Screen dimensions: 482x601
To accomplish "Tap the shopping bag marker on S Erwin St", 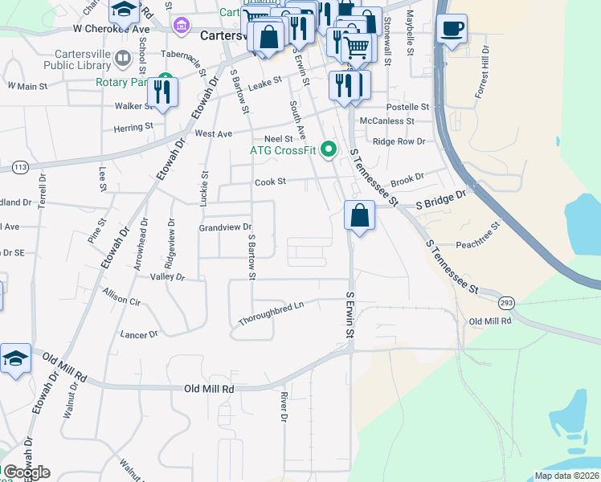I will (359, 215).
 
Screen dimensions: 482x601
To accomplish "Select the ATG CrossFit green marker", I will (329, 149).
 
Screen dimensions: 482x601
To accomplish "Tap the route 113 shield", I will (20, 167).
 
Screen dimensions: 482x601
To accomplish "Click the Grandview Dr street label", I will (226, 227).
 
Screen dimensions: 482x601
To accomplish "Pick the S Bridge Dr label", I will (440, 200).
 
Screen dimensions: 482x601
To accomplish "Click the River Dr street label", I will (284, 406).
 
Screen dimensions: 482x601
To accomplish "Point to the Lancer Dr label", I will (138, 333).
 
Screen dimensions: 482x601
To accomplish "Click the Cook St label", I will (271, 182).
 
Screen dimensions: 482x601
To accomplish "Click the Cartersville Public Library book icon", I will (122, 58).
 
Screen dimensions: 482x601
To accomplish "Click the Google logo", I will (27, 472).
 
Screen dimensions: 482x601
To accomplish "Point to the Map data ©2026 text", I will (566, 476).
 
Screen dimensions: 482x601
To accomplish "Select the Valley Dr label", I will (167, 277).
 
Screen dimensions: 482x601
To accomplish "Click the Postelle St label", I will (408, 107).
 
